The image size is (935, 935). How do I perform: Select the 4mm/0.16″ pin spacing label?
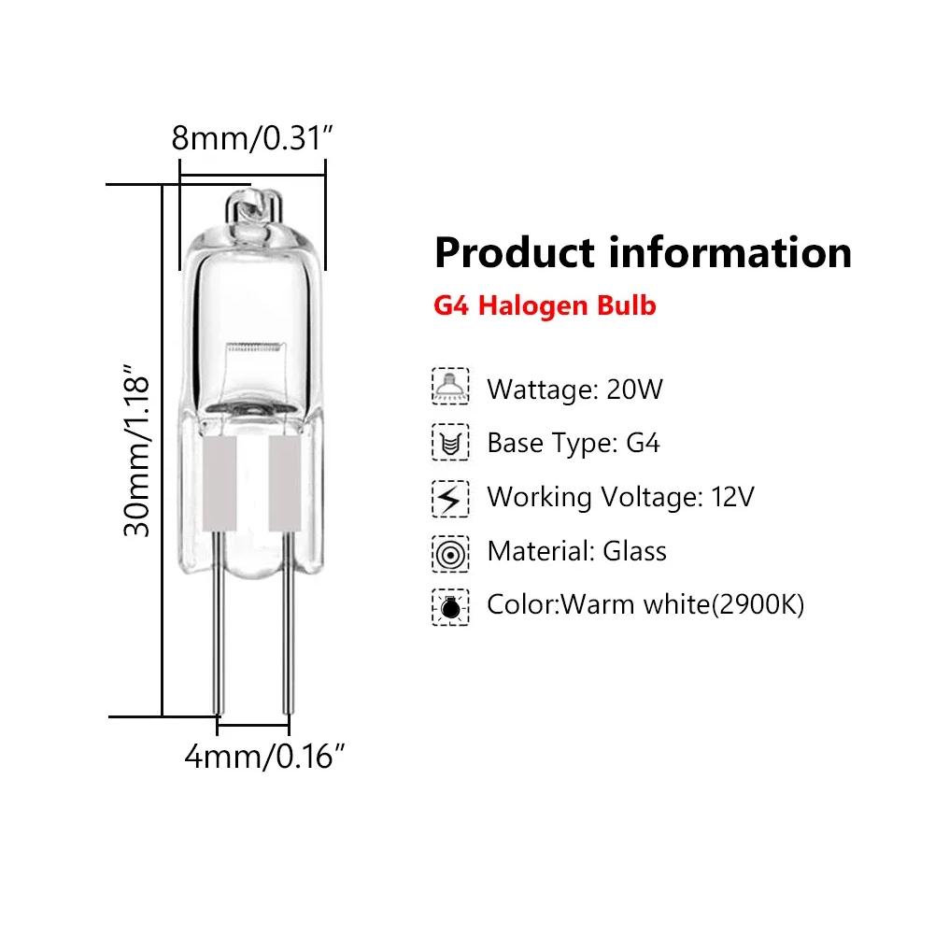pos(259,756)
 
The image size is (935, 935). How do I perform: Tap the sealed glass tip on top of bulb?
pos(250,201)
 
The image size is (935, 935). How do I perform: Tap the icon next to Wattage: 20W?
pos(450,387)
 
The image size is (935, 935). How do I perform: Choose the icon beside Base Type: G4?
pos(450,442)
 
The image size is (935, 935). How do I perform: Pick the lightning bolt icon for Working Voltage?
pos(450,497)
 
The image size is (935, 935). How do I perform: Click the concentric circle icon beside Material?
pos(450,553)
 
